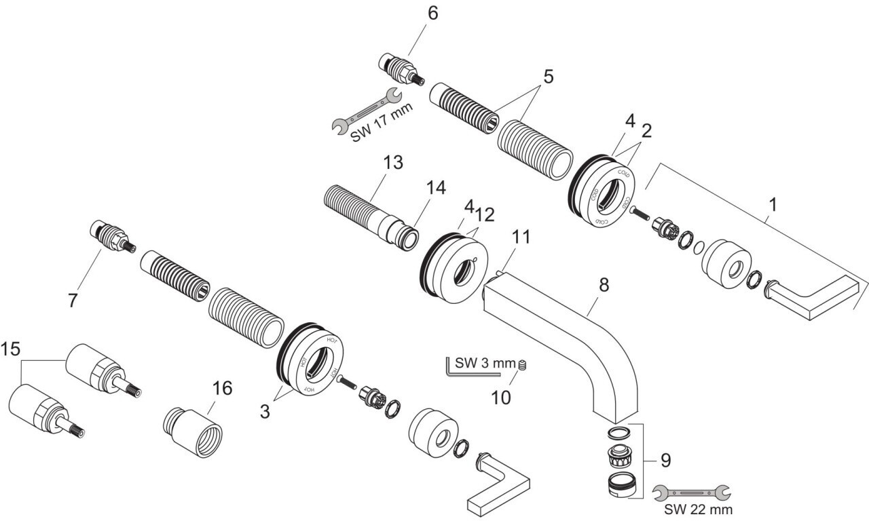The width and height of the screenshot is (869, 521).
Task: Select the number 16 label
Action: click(x=221, y=389)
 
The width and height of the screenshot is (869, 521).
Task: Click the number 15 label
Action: click(x=10, y=349)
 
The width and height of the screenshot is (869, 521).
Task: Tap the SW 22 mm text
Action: click(x=699, y=508)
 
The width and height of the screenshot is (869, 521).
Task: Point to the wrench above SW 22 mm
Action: click(x=689, y=491)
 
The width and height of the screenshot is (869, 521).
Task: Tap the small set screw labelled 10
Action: click(x=522, y=366)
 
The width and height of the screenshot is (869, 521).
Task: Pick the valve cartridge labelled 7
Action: click(x=111, y=239)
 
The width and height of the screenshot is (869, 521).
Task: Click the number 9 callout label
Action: click(x=665, y=461)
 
